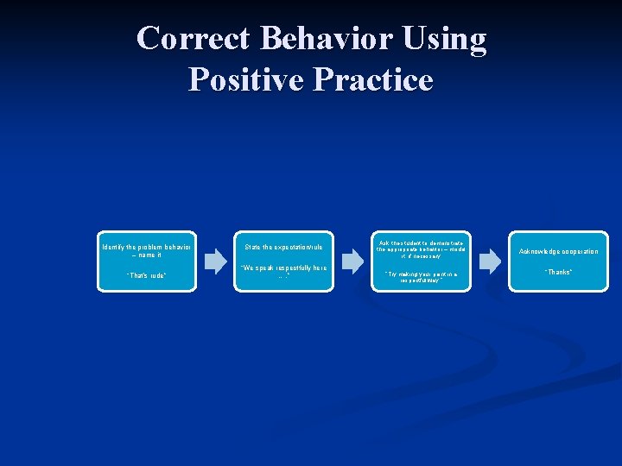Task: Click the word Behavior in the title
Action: [x=324, y=39]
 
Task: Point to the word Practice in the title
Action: [x=373, y=79]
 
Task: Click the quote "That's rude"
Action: [x=146, y=276]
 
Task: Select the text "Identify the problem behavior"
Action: [x=146, y=247]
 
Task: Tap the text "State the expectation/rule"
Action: [x=283, y=248]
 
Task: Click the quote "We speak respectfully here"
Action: [x=283, y=268]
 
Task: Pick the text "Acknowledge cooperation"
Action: [x=558, y=252]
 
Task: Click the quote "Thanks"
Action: [x=558, y=273]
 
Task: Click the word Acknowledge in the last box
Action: [x=537, y=252]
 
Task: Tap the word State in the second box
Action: [x=252, y=248]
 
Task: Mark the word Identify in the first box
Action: [x=115, y=247]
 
